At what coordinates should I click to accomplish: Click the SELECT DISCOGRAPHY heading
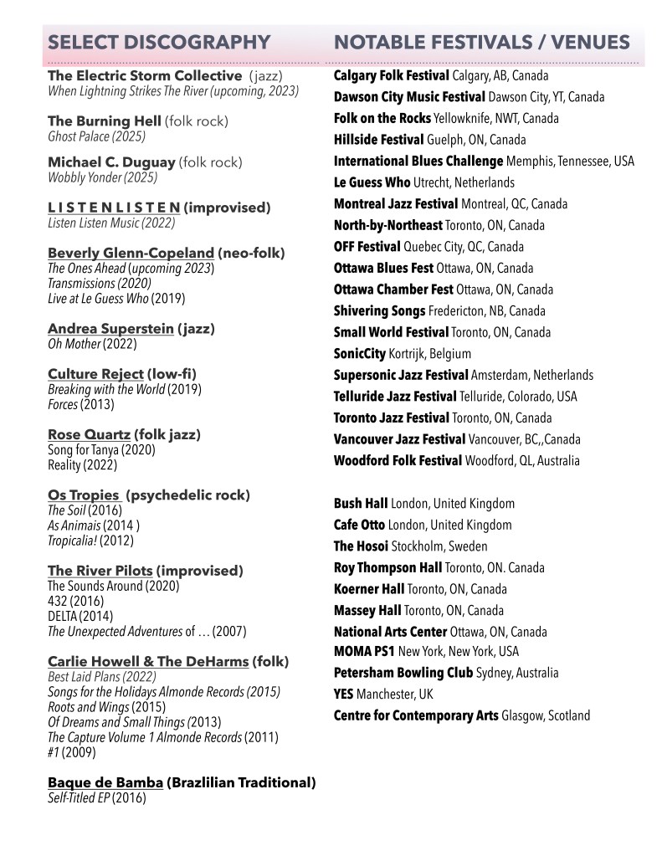159,43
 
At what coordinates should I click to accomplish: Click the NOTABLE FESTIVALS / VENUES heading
481,43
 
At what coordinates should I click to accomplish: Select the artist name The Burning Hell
105,121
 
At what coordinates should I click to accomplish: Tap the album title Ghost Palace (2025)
97,136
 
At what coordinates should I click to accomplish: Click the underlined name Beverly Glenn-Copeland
131,253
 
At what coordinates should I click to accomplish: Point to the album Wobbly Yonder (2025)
102,177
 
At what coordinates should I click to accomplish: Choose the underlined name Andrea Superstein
110,329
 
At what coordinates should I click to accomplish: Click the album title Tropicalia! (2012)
90,541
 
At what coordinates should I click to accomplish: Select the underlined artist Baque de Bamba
105,783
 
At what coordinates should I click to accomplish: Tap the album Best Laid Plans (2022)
100,676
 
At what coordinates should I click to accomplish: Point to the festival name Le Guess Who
372,182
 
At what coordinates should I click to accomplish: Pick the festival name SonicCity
361,354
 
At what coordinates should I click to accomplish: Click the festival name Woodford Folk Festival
398,461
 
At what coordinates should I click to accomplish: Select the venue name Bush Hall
361,504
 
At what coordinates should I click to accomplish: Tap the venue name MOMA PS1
364,651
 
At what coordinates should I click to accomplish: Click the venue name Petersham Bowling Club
403,673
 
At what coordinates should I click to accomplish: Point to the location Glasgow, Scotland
546,715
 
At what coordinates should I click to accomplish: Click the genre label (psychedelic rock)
188,495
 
